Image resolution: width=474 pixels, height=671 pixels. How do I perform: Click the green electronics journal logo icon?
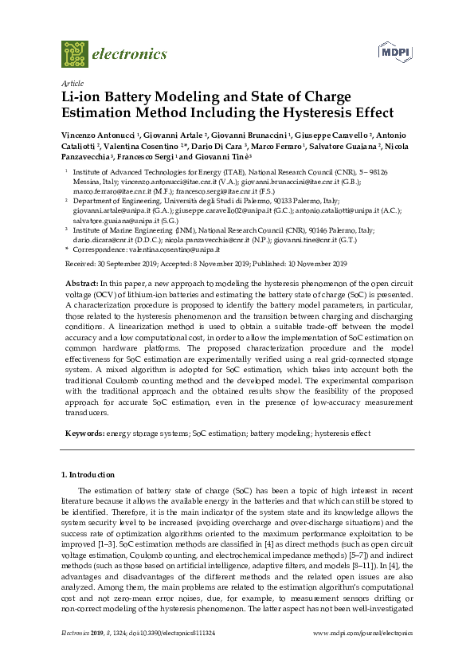point(74,53)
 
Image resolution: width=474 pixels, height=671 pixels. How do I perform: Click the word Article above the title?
point(71,83)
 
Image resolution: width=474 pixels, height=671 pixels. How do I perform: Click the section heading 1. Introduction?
point(88,475)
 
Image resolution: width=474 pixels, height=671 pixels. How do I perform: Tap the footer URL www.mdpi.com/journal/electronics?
point(363,654)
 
